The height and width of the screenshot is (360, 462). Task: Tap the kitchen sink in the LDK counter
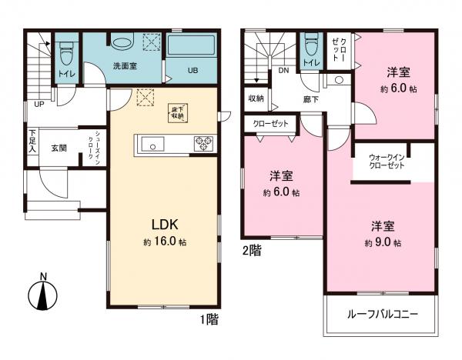[151, 144]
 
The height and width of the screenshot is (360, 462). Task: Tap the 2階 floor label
[253, 250]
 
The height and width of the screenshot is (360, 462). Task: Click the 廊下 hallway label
[310, 98]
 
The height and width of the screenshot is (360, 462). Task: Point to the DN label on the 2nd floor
[283, 70]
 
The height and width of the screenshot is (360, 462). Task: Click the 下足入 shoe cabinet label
[32, 142]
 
